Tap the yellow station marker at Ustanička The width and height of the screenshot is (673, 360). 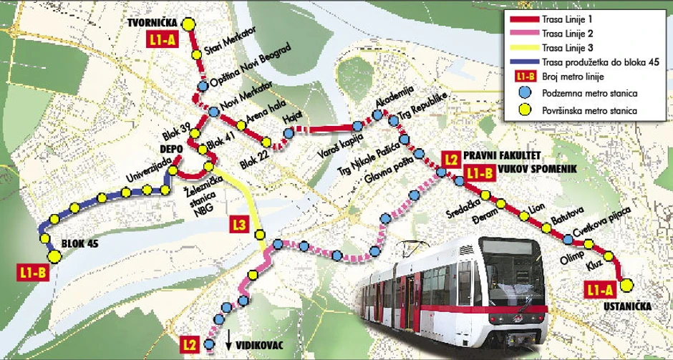627,285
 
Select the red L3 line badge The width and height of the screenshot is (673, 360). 240,228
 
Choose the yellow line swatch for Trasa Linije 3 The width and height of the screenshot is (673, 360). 526,48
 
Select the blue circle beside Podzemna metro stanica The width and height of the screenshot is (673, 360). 526,93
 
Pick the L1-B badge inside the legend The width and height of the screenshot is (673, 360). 526,77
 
